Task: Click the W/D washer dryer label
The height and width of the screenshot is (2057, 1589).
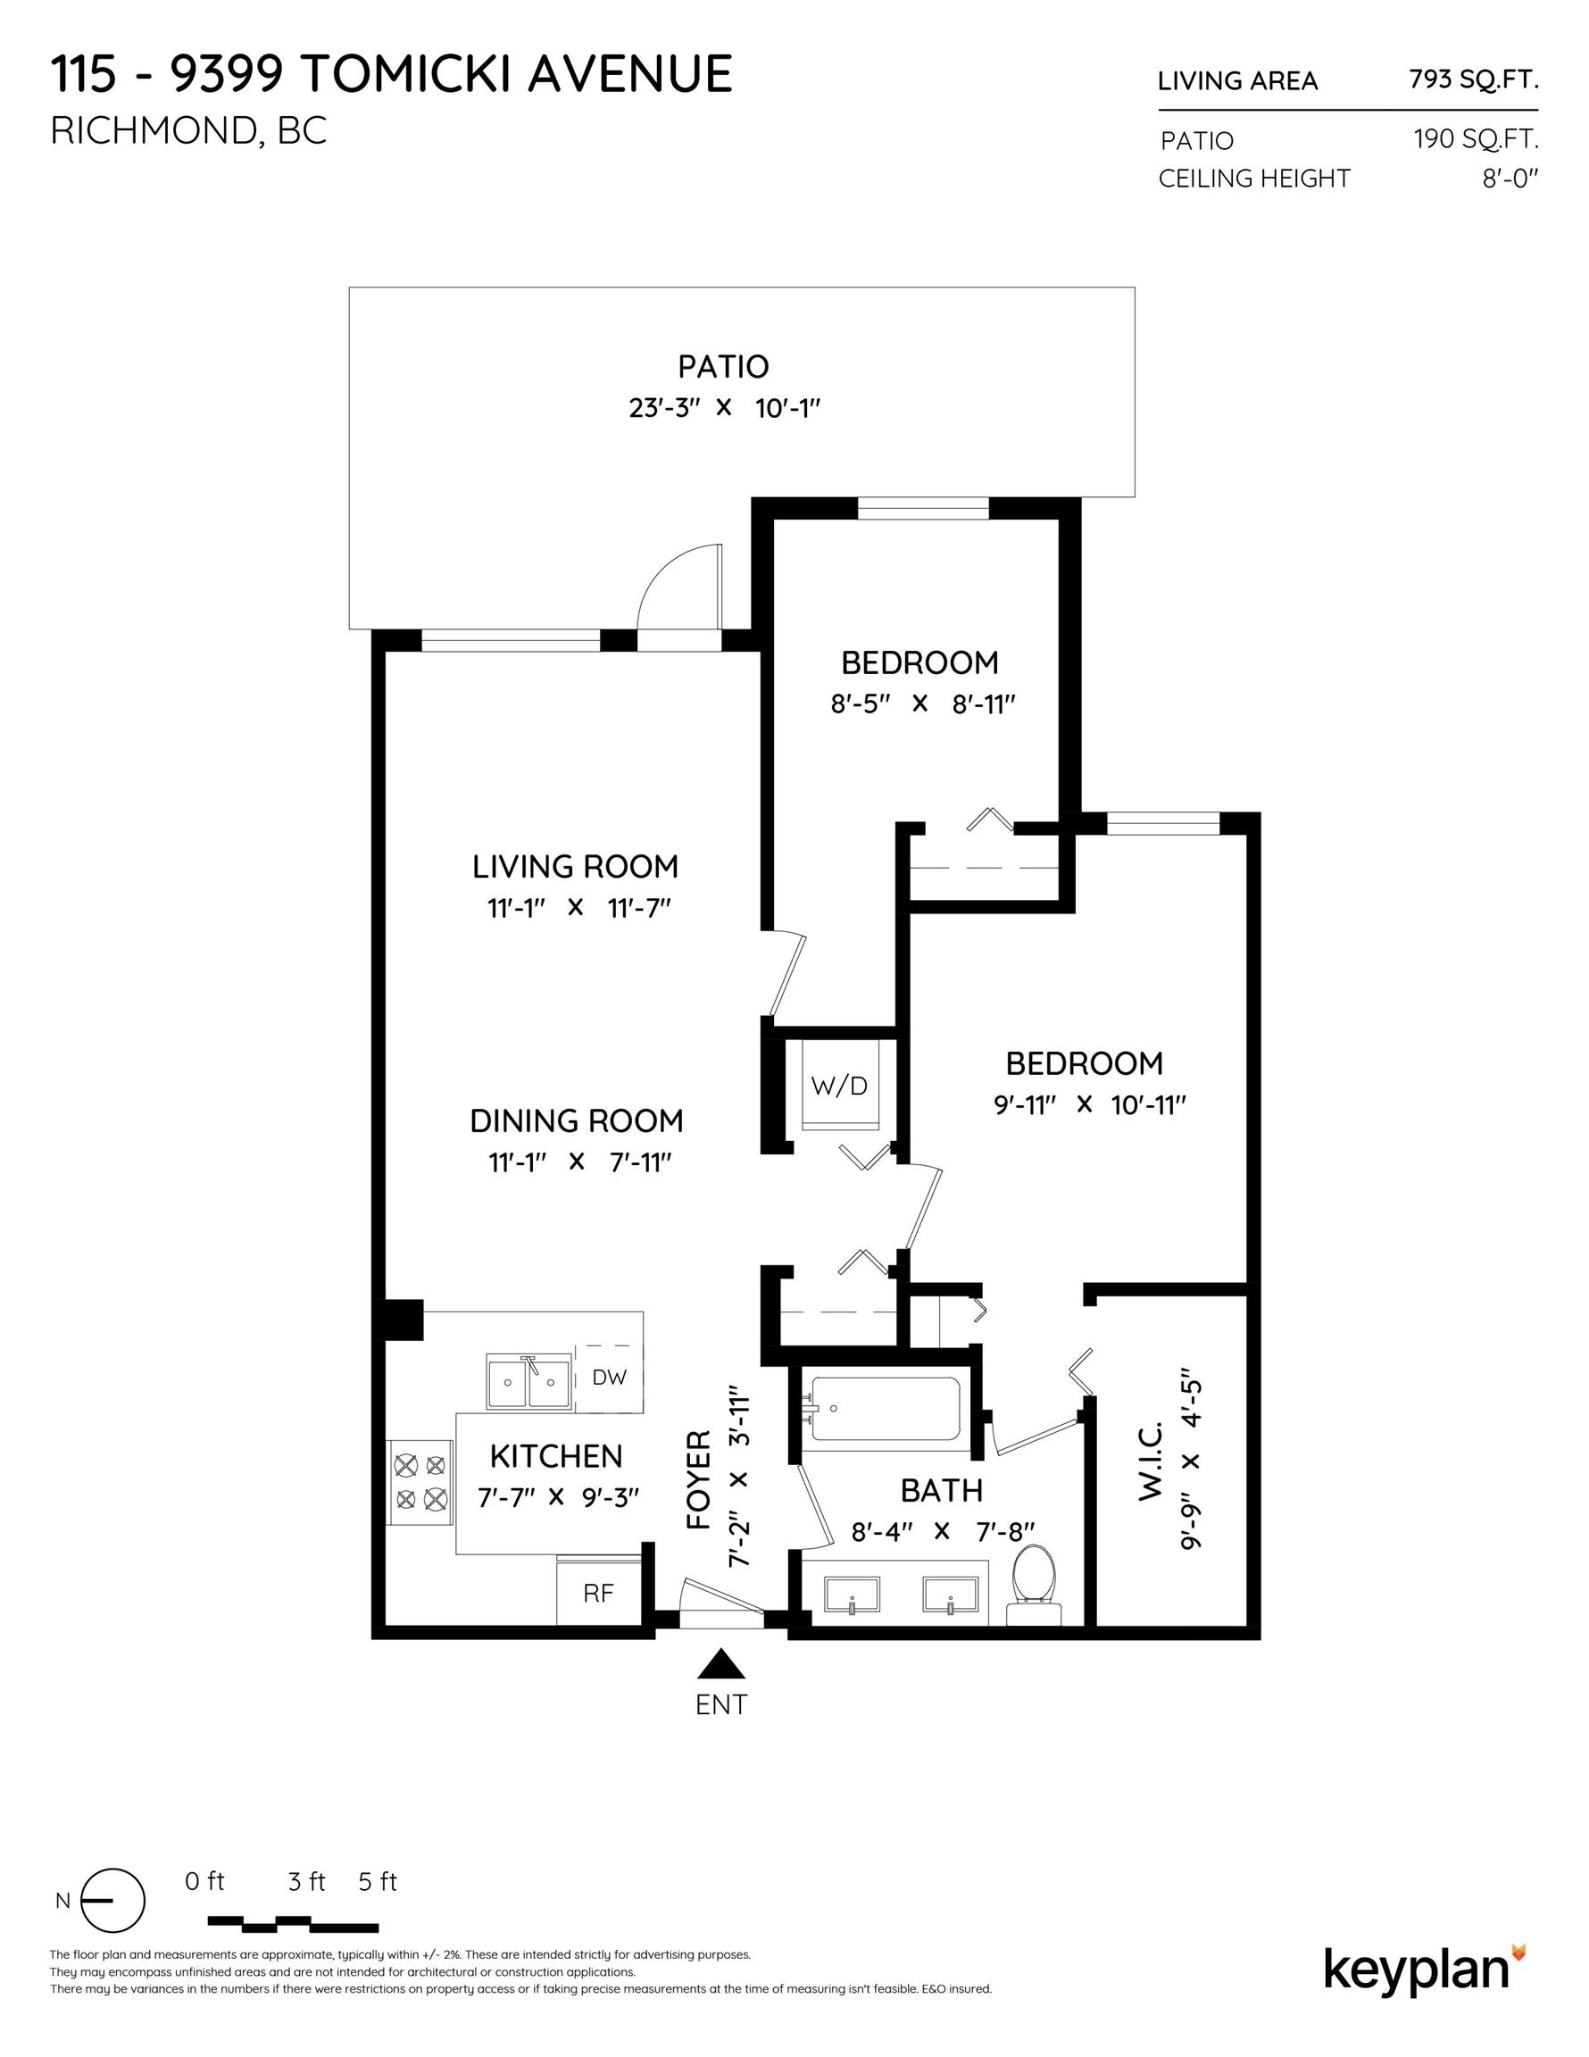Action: tap(838, 1086)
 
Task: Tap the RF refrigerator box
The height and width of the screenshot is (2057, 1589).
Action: tap(599, 1593)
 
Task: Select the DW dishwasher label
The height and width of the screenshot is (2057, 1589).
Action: tap(610, 1377)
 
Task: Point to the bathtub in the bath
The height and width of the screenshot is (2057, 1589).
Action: tap(886, 1409)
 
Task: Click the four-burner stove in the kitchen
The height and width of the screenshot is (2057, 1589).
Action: tap(421, 1481)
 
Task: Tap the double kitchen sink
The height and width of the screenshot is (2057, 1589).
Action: tap(528, 1382)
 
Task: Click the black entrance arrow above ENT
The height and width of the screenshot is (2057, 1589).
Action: tap(721, 1663)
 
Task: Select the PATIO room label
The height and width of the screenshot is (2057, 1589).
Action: tap(723, 366)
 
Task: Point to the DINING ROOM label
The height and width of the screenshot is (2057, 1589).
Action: tap(577, 1120)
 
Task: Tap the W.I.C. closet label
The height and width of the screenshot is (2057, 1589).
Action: tap(1151, 1461)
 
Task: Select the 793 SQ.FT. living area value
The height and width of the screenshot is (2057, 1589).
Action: tap(1473, 80)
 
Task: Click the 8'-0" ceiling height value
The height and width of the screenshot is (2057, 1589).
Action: tap(1510, 178)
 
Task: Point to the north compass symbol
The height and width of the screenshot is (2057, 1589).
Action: tap(112, 1900)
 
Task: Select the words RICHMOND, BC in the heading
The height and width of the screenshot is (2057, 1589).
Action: tap(188, 132)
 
